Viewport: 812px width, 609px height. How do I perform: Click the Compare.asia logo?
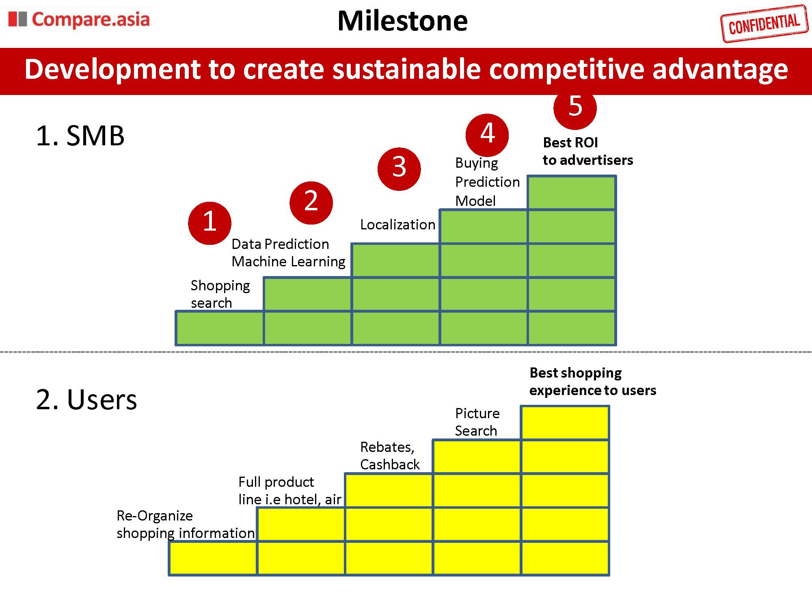(x=79, y=19)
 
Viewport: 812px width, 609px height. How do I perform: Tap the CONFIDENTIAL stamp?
(x=764, y=24)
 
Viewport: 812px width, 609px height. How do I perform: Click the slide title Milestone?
(x=402, y=21)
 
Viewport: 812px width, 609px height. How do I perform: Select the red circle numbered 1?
(x=209, y=223)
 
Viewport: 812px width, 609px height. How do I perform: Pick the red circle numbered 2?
(x=311, y=202)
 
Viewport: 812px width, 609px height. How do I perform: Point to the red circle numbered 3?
(x=399, y=168)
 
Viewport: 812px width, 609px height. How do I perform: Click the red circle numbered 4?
(x=487, y=134)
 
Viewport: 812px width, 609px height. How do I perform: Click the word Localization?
(x=397, y=225)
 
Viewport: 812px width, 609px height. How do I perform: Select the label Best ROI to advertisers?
(x=587, y=151)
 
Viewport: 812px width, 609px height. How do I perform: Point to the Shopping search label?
(x=220, y=294)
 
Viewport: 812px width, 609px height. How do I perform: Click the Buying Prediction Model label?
(x=487, y=182)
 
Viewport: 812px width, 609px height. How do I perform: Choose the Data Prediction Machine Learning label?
(x=288, y=253)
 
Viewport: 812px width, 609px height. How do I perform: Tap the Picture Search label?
(x=477, y=422)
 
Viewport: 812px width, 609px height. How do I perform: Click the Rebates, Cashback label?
(x=390, y=456)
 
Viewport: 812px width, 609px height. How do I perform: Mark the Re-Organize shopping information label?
(x=185, y=524)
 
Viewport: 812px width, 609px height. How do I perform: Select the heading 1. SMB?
(x=80, y=136)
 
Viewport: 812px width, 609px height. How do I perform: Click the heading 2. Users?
(x=86, y=400)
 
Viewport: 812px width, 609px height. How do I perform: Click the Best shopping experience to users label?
(x=592, y=381)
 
